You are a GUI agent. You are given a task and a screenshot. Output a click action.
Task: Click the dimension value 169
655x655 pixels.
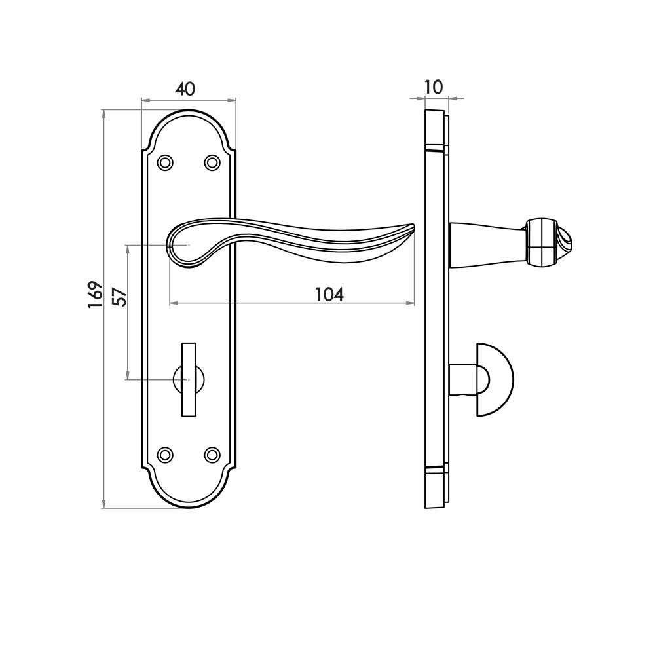pyautogui.click(x=96, y=295)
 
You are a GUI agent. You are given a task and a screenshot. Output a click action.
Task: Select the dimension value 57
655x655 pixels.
pyautogui.click(x=119, y=297)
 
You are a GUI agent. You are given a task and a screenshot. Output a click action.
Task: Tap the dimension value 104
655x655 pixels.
pyautogui.click(x=329, y=294)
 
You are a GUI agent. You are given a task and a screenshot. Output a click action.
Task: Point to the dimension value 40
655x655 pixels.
pyautogui.click(x=186, y=88)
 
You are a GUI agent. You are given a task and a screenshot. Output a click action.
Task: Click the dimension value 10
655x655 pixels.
pyautogui.click(x=434, y=86)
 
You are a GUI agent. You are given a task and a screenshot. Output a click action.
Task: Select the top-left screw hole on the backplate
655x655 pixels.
pyautogui.click(x=166, y=162)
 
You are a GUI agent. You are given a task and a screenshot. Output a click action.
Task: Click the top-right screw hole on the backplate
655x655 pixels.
pyautogui.click(x=212, y=162)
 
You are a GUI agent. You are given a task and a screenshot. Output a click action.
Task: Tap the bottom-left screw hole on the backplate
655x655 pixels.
pyautogui.click(x=166, y=454)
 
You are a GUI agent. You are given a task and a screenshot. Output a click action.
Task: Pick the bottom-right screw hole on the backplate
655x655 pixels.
pyautogui.click(x=212, y=454)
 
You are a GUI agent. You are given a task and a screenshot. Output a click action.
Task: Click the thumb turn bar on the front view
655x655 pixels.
pyautogui.click(x=189, y=378)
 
